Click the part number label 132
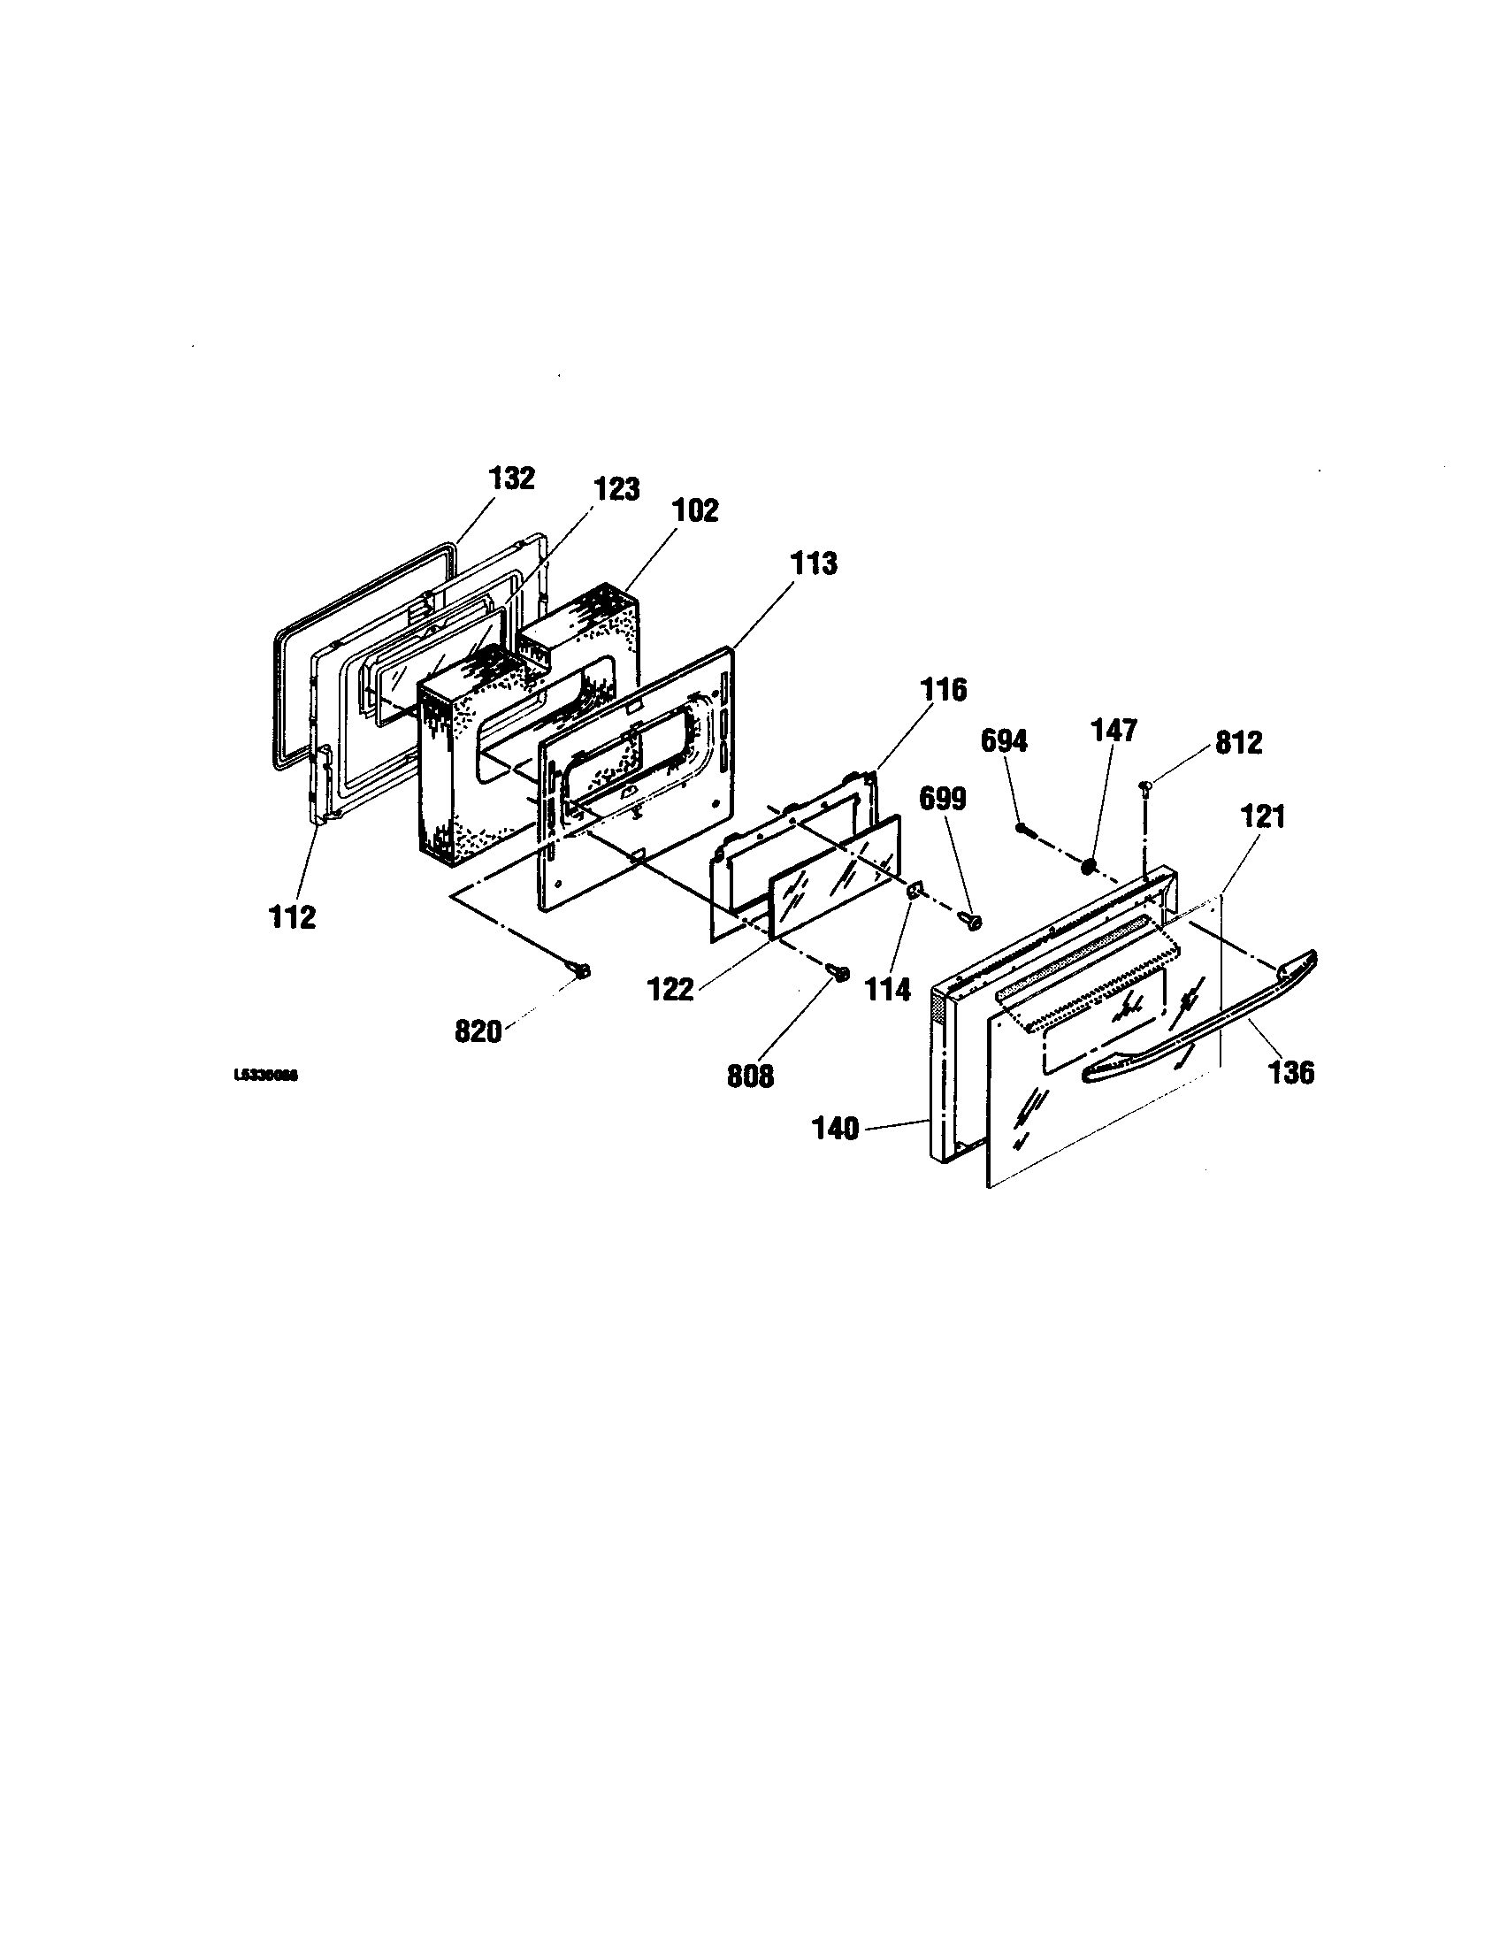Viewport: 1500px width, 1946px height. (511, 479)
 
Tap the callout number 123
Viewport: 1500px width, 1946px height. (616, 489)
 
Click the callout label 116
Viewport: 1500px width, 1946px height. (944, 690)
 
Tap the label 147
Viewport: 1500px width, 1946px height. (1114, 731)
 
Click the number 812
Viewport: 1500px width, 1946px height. (1239, 743)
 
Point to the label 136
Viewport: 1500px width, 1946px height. (1290, 1072)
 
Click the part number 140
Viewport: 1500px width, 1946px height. (835, 1130)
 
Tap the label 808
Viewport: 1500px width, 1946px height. (751, 1076)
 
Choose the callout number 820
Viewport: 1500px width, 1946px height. (478, 1031)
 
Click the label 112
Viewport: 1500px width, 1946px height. (293, 917)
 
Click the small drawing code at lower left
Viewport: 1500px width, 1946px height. (264, 1076)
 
